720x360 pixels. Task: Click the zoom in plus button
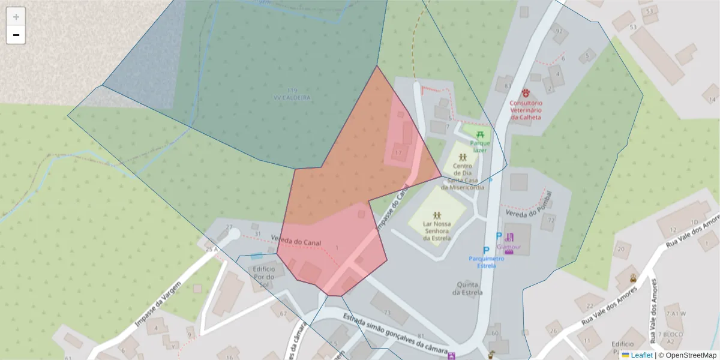16,17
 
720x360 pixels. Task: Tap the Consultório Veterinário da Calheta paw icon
526,93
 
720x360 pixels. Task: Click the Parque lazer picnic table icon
480,134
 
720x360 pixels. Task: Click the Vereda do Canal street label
296,241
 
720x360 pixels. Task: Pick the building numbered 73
388,313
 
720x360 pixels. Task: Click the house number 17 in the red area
398,153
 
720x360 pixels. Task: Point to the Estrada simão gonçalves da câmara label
396,334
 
